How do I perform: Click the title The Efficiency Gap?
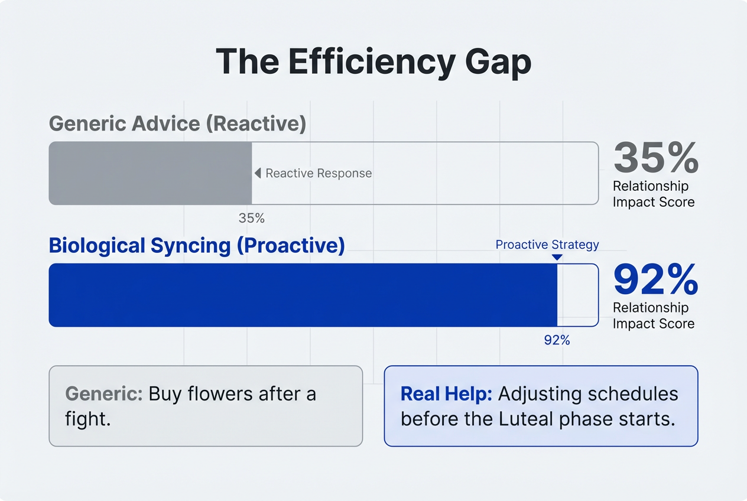pos(373,61)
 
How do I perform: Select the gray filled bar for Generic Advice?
pos(150,173)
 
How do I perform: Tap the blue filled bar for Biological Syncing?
pos(303,295)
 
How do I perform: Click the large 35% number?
pos(656,158)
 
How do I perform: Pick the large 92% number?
pos(656,279)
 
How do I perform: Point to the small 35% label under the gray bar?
pos(251,218)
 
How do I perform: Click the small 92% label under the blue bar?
pos(557,340)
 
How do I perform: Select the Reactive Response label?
pos(319,173)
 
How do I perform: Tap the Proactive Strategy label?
pos(547,245)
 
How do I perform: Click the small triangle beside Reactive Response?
pos(258,173)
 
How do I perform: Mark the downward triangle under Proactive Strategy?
pos(557,257)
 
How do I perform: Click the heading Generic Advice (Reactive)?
pos(177,123)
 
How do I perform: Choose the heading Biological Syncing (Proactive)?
pos(196,246)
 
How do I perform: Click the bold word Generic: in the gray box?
pos(104,394)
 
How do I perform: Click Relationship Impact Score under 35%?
pos(653,194)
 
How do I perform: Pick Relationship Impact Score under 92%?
pos(653,315)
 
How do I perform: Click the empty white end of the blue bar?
pos(577,295)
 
